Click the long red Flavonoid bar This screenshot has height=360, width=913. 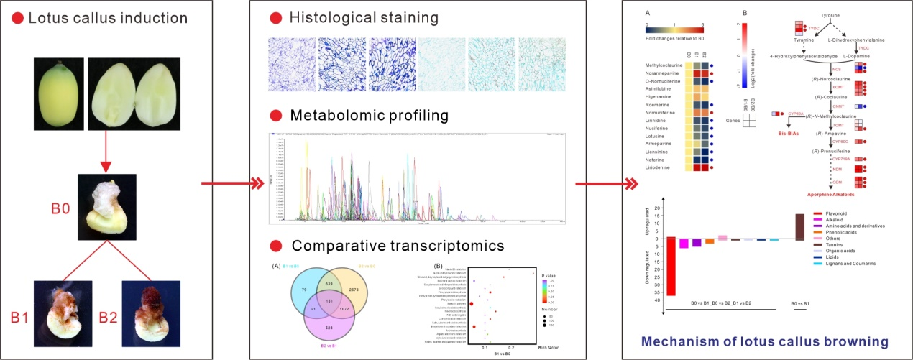[671, 266]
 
